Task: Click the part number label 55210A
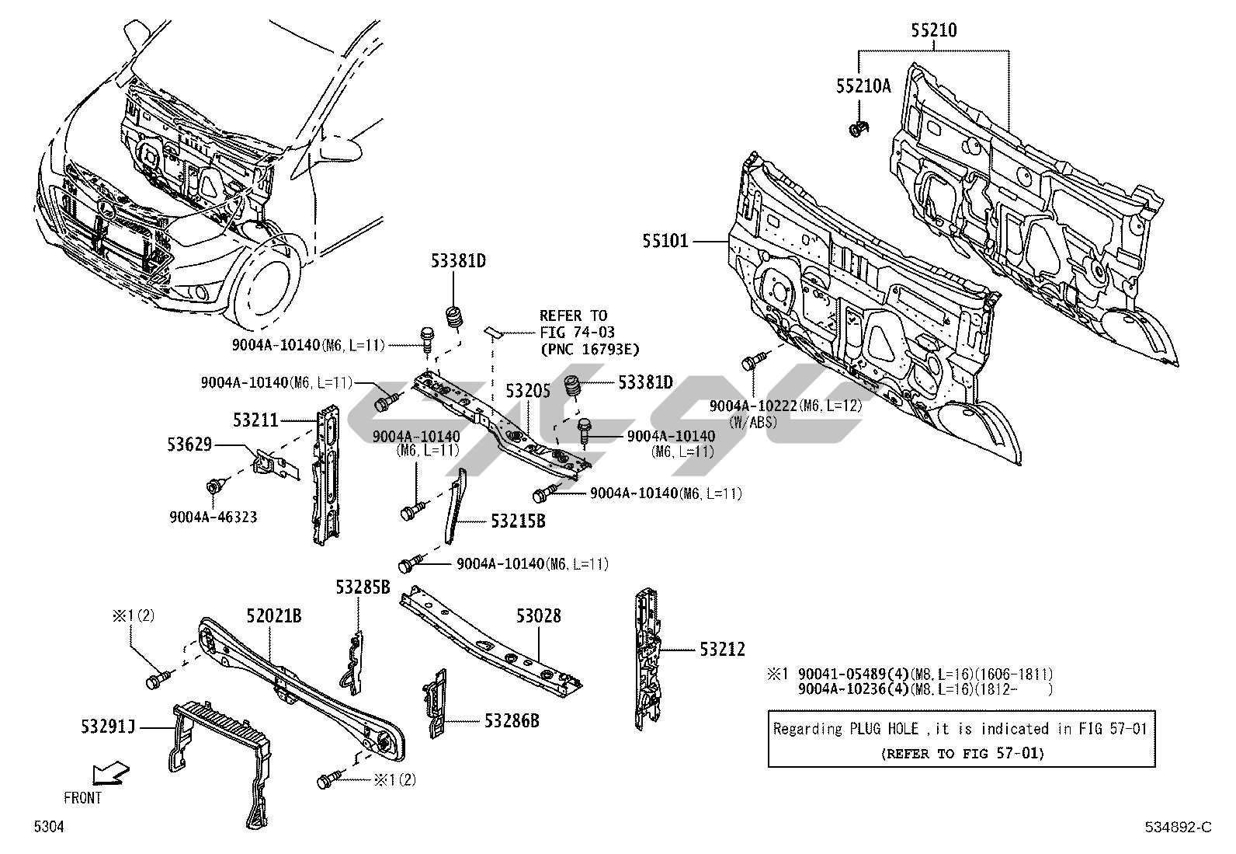[863, 86]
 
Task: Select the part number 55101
[665, 242]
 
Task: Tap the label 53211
[255, 420]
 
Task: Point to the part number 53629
[189, 444]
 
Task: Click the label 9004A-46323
[214, 516]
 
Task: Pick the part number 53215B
[517, 521]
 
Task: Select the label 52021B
[274, 616]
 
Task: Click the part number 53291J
[107, 727]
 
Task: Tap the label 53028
[538, 616]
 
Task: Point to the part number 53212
[722, 649]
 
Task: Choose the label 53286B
[512, 721]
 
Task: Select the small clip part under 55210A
[859, 130]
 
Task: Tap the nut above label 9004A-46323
[213, 487]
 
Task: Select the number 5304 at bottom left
[48, 828]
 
